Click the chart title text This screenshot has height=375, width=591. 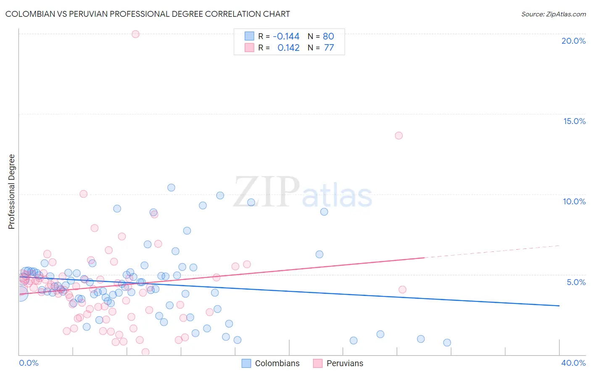point(148,14)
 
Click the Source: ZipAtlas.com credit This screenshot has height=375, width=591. point(553,14)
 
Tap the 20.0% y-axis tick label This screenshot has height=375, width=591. point(573,41)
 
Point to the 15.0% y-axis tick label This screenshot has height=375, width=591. point(574,121)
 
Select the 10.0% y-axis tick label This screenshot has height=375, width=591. point(574,201)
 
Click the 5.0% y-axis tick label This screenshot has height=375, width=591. point(576,282)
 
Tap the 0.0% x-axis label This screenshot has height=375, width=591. point(29,363)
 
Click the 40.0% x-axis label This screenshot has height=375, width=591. point(573,363)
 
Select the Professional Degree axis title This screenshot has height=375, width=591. point(11,192)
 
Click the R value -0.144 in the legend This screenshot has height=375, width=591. point(286,37)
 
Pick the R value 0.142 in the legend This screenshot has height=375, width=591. point(288,48)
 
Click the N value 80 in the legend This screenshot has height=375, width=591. point(328,37)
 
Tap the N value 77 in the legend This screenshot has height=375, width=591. point(329,48)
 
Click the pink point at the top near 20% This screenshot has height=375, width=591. point(135,34)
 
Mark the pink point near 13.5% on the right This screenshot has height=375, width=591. point(398,135)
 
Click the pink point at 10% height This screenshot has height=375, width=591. point(83,194)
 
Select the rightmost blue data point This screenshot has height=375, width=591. point(447,343)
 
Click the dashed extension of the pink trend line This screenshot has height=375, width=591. point(492,251)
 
